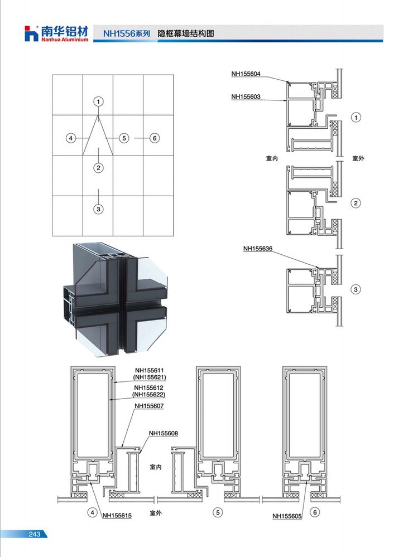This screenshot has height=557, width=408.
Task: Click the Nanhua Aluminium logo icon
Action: click(x=31, y=33)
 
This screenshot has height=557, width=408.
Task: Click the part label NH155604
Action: click(x=246, y=74)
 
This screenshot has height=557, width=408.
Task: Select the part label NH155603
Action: click(x=246, y=96)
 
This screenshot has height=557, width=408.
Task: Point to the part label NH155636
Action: click(x=258, y=249)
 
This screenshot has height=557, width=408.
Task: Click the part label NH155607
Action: click(x=149, y=406)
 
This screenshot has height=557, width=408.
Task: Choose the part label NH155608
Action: click(x=164, y=433)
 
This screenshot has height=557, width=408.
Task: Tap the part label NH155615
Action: click(x=117, y=515)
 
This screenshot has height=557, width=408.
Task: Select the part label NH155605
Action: click(x=287, y=516)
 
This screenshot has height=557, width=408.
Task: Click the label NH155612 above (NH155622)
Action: click(x=148, y=388)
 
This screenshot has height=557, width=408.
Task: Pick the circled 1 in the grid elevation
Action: click(x=99, y=101)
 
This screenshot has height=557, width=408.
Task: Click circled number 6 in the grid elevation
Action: click(x=155, y=138)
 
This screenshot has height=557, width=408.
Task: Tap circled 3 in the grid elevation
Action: click(x=99, y=209)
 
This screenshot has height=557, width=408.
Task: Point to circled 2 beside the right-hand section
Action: click(x=356, y=203)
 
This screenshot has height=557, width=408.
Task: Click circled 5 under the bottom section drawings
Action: click(x=218, y=512)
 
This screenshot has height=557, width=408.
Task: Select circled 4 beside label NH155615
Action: click(x=93, y=512)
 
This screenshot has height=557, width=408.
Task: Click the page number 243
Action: click(x=35, y=534)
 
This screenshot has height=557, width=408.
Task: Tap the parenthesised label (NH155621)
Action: click(x=150, y=377)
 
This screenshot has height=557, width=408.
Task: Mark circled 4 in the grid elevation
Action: click(x=71, y=138)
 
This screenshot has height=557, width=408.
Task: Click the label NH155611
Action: click(x=150, y=371)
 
